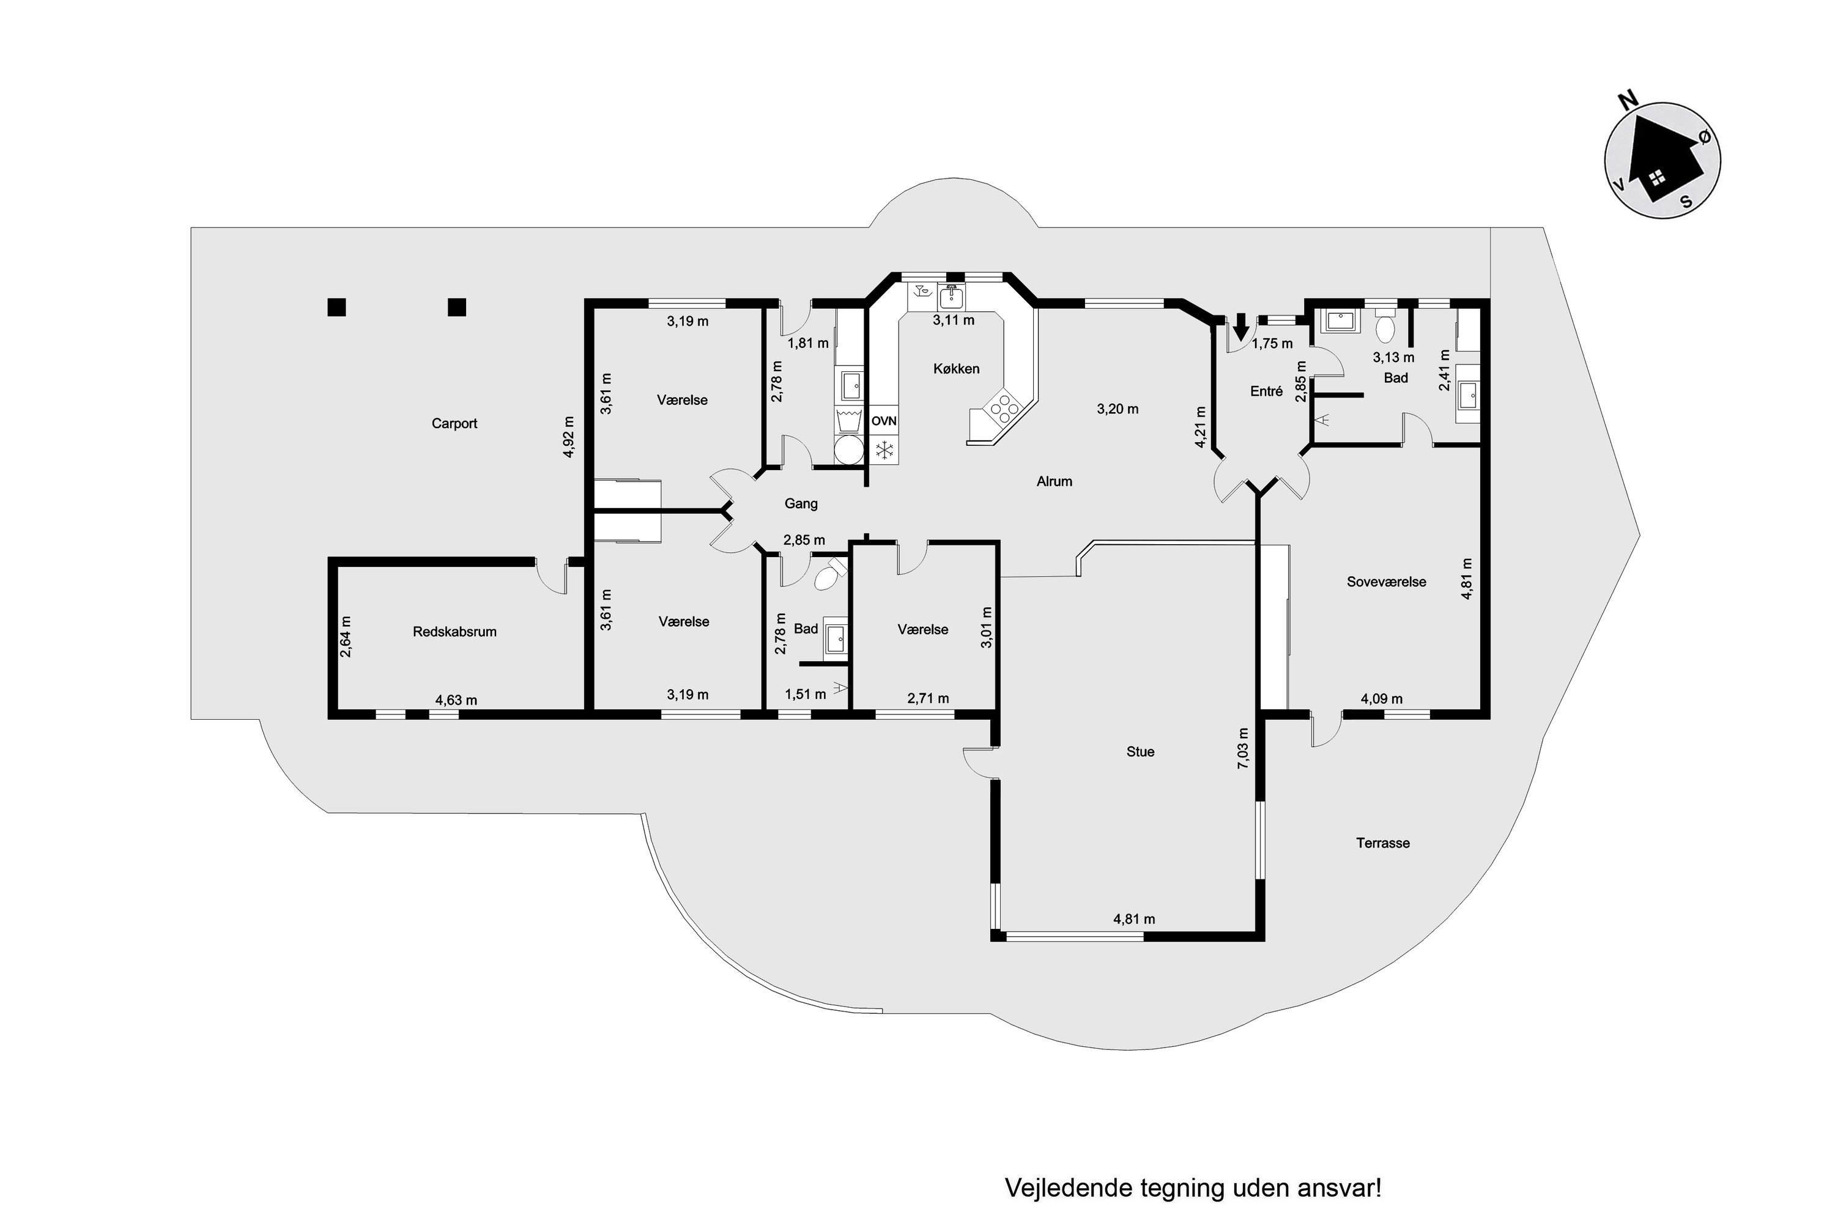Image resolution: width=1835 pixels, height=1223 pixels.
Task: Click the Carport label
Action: [x=454, y=424]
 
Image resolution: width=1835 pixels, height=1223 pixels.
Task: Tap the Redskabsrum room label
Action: [x=454, y=632]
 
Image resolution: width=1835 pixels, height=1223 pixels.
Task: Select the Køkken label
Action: [x=955, y=369]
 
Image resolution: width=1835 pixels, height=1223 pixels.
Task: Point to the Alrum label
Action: [x=1054, y=481]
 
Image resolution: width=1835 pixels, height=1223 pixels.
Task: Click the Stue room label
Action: [x=1140, y=752]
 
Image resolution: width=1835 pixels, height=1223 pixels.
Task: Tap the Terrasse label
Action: [x=1382, y=843]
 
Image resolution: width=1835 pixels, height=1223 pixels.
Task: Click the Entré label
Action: [x=1266, y=391]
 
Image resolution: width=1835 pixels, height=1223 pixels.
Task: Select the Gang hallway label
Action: [x=801, y=504]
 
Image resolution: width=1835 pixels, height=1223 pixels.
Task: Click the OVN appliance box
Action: [x=884, y=421]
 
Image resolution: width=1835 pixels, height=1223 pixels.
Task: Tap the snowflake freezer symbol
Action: [x=884, y=450]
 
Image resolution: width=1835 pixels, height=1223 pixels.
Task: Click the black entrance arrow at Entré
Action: [x=1240, y=323]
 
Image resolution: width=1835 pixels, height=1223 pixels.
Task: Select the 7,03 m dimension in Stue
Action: [x=1243, y=748]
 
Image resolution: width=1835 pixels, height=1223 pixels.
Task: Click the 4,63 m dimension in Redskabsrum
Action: [x=456, y=700]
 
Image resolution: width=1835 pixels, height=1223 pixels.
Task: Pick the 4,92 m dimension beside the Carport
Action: [x=569, y=437]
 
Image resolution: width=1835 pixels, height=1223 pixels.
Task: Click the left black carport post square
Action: [x=336, y=308]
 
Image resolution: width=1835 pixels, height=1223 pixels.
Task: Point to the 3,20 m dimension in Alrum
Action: [x=1118, y=408]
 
